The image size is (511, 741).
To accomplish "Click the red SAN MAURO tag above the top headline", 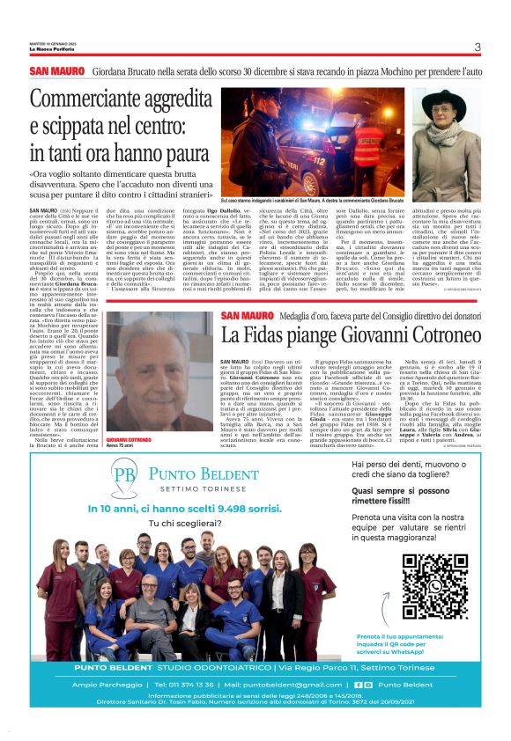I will (56, 70).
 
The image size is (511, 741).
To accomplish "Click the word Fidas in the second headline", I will (254, 334).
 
